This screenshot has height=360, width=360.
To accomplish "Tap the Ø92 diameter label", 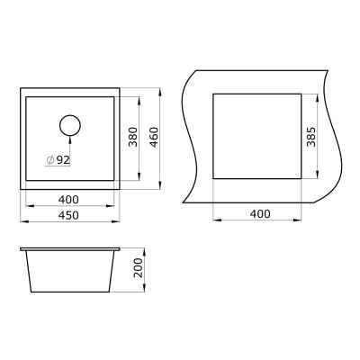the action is click(58, 160).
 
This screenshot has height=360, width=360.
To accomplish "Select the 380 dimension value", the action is click(132, 137).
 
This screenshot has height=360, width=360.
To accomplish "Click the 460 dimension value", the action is click(154, 138).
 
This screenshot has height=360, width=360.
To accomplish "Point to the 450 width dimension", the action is click(68, 215).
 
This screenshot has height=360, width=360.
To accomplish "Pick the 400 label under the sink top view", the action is click(68, 200).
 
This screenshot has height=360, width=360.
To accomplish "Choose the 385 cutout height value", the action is click(311, 137).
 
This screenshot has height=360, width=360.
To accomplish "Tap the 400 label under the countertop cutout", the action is click(260, 214).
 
